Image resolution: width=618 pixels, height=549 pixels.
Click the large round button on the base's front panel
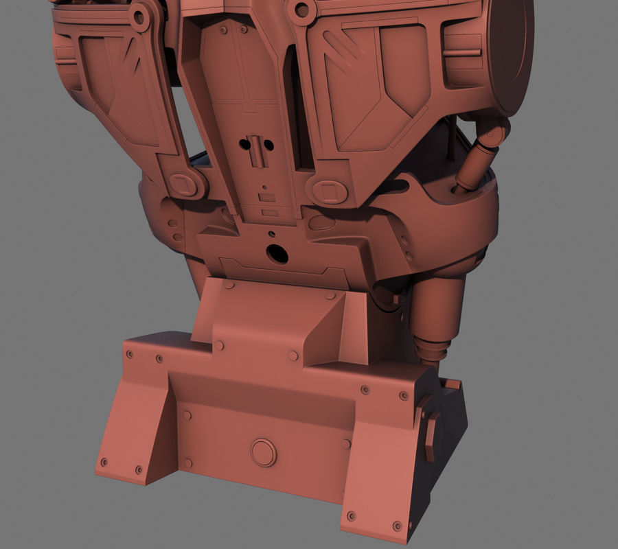[263, 452]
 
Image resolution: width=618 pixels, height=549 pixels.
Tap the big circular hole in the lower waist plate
[277, 254]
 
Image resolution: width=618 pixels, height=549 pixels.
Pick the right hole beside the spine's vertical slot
[269, 145]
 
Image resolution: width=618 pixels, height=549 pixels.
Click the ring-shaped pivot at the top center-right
[301, 10]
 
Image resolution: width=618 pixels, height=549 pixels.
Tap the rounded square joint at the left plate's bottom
[182, 184]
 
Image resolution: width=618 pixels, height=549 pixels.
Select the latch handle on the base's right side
[430, 429]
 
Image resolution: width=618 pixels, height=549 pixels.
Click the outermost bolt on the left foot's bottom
[104, 462]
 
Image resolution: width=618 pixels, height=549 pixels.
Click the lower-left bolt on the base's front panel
[186, 465]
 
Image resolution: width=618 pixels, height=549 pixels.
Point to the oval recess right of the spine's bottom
[322, 223]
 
